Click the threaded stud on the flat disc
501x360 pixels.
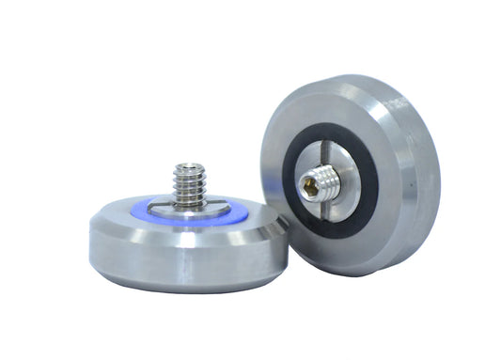(188, 184)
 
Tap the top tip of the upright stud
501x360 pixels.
(188, 166)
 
